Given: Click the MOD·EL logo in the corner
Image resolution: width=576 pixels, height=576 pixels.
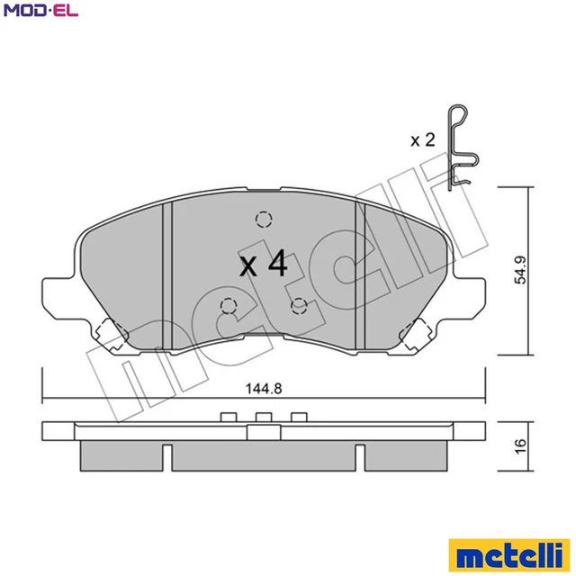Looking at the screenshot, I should pos(40,12).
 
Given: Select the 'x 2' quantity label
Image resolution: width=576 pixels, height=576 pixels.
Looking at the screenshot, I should pos(423,139).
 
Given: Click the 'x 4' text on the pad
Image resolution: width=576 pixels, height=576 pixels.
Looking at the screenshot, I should pos(263,265).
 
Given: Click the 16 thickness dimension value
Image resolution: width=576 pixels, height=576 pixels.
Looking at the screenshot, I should pos(520,446).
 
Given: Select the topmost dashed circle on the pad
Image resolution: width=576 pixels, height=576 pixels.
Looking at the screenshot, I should pos(263,219).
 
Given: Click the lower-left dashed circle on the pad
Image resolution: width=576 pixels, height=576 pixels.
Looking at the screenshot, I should pos(227,305).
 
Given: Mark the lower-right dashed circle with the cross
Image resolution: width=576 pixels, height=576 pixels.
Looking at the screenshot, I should pos(300,305).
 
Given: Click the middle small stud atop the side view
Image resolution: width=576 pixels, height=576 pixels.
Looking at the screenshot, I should pos(263,416).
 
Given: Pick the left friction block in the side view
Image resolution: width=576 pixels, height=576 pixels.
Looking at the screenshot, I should pos(120,455).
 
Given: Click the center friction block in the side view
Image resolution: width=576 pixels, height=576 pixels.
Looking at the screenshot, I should pos(263,457).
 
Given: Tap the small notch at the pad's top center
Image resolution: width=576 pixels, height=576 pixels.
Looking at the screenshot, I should pos(263,190).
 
